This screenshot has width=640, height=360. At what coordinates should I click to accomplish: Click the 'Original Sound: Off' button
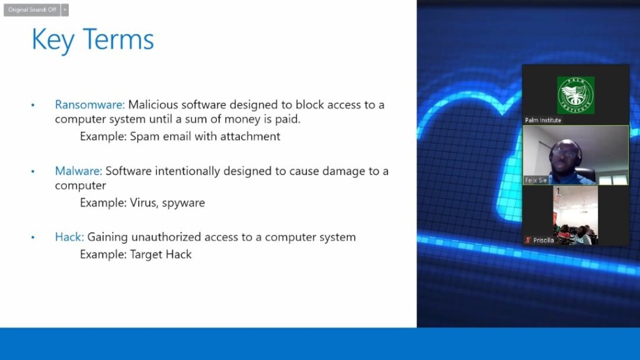(32, 10)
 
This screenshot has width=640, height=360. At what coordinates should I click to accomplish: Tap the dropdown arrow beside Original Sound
(65, 10)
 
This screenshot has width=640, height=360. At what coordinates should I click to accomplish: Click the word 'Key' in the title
(52, 40)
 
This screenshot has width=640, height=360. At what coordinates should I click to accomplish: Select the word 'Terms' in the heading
(118, 39)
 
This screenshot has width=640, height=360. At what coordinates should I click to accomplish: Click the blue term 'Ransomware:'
(90, 105)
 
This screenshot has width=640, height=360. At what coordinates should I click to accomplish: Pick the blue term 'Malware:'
(78, 171)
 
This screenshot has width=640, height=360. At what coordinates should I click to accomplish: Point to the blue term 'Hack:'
(69, 237)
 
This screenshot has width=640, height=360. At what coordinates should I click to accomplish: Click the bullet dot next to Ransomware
(33, 105)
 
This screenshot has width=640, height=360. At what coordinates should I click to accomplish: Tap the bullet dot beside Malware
(33, 171)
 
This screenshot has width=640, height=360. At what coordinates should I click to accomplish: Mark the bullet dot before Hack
(33, 237)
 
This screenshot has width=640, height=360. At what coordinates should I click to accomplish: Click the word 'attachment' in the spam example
(250, 136)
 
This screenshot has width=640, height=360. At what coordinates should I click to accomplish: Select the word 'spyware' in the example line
(183, 203)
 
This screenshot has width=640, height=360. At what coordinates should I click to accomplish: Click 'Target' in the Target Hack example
(145, 255)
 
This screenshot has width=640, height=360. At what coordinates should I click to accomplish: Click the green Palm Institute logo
(576, 95)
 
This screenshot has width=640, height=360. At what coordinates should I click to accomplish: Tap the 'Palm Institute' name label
(543, 121)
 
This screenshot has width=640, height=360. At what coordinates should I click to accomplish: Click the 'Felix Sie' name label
(536, 180)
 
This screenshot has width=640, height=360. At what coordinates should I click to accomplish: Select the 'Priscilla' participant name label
(543, 241)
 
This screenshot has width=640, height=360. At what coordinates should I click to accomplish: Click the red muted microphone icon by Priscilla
(528, 241)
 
